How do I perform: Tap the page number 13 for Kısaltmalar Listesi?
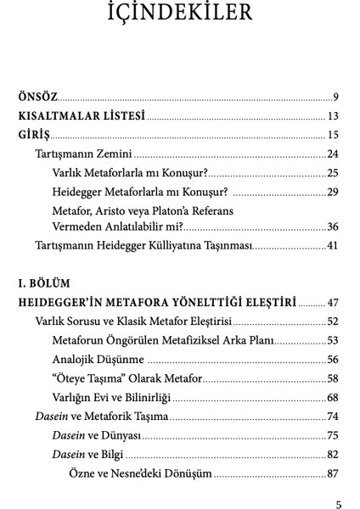click(x=333, y=116)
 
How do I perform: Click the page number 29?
click(x=333, y=191)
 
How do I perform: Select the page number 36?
click(x=333, y=227)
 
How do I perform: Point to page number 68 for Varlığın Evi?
click(x=333, y=397)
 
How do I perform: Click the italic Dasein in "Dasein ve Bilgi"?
click(x=68, y=454)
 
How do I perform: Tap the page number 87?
click(x=333, y=473)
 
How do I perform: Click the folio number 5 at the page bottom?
click(x=338, y=503)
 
